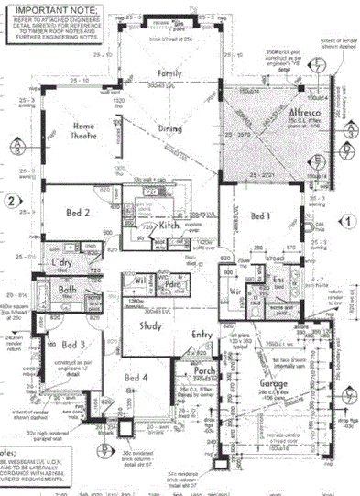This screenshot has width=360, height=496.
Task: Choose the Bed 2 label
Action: point(76,212)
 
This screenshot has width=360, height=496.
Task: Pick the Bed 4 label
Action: point(136,378)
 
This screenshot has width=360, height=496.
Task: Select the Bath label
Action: point(67,292)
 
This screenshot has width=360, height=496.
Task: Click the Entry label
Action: point(203,336)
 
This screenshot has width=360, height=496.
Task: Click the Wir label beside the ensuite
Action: point(236,291)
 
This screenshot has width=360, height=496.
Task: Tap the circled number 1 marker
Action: point(348,220)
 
